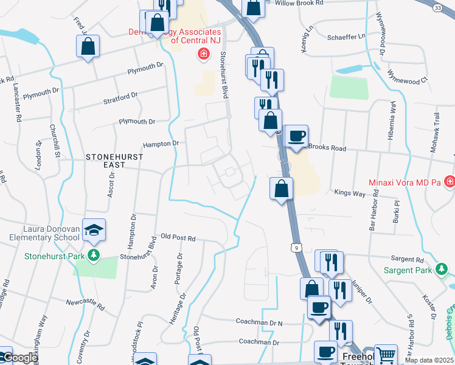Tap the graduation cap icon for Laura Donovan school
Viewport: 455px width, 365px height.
point(94,229)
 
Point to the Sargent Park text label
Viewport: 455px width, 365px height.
point(406,270)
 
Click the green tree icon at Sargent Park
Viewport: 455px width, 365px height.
point(440,269)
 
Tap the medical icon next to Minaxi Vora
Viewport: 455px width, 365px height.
point(450,182)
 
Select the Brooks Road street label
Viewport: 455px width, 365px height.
point(327,148)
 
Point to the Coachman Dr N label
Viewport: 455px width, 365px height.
point(260,322)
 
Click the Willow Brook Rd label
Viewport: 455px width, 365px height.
point(299,3)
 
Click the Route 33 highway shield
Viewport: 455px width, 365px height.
point(438,8)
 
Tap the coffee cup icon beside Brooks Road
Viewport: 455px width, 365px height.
point(296,136)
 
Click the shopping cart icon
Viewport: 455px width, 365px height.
point(386,355)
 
